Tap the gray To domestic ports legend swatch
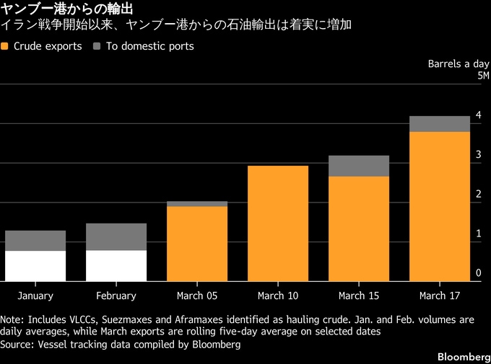tap(97, 46)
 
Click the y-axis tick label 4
tap(477, 115)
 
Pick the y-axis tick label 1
tap(477, 234)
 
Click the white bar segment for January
tap(35, 265)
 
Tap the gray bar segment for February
tap(116, 236)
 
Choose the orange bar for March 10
tap(278, 223)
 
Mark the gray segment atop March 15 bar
tap(359, 166)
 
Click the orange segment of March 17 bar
tap(440, 206)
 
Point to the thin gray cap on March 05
tap(197, 204)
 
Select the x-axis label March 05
tap(197, 296)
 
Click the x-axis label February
tap(116, 296)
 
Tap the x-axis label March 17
tap(440, 296)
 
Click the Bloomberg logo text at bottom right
tap(463, 358)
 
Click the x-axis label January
tap(35, 296)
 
